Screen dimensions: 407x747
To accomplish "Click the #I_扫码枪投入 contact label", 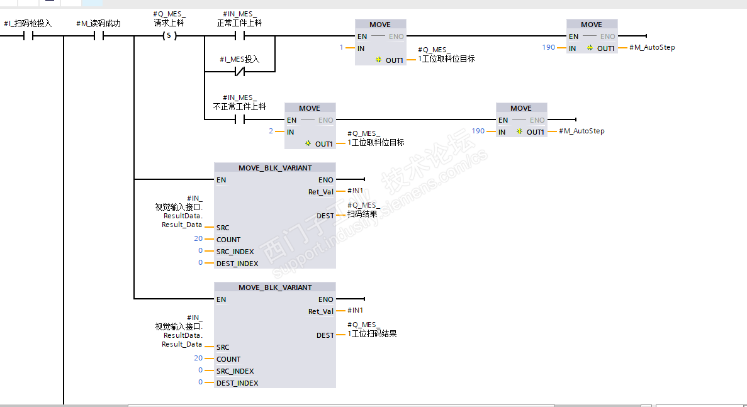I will pos(28,23).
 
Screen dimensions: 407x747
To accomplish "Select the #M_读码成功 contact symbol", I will pos(98,36).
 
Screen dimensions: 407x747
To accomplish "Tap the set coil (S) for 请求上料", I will pos(169,36).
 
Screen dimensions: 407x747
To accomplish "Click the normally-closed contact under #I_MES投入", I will pos(239,72).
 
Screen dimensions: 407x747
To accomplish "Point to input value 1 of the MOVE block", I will pos(342,48).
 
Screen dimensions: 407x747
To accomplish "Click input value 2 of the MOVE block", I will pos(271,131).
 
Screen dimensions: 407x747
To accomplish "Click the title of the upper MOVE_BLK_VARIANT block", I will pos(275,168).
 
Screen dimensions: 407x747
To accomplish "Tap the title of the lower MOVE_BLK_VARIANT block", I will pos(275,287).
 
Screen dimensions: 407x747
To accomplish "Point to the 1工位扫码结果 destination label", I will pos(372,333).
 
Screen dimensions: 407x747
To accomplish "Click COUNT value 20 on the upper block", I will pos(198,239).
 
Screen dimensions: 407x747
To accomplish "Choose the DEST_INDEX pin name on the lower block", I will pos(237,383).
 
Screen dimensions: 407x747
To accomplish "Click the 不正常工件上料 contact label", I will pos(239,107).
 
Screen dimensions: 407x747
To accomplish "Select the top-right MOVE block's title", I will pos(591,25).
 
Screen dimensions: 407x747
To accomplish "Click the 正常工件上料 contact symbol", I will pos(239,36).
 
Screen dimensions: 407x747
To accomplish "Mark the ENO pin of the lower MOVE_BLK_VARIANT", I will pos(325,299).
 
